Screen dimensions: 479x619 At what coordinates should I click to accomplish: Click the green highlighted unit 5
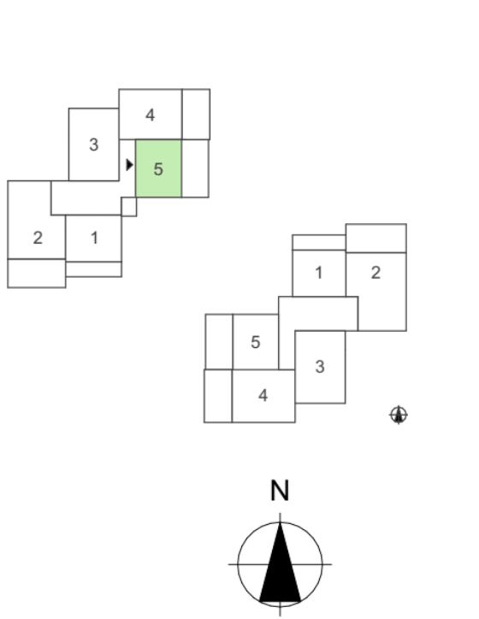pos(158,168)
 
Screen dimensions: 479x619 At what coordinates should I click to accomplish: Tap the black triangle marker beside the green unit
pos(129,165)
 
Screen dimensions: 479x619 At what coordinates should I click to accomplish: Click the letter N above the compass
pos(280,491)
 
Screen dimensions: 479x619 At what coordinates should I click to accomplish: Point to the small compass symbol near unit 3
pos(399,415)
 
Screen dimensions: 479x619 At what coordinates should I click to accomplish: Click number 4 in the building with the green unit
pos(150,115)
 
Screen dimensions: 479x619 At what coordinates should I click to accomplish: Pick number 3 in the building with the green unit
pos(93,144)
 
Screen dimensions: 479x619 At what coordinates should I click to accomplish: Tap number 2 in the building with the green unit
pos(38,238)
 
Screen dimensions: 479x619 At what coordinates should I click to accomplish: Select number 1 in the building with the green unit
pos(94,238)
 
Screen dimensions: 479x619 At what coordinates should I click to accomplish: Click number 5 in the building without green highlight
pos(256,342)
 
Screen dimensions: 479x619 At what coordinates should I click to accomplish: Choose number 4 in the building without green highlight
pos(263,395)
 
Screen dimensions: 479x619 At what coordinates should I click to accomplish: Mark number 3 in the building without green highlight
pos(320,367)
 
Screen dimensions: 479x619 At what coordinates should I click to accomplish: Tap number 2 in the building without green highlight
pos(376,273)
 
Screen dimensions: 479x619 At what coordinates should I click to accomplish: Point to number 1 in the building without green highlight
pos(319,273)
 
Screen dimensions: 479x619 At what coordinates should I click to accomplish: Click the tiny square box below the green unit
pos(129,206)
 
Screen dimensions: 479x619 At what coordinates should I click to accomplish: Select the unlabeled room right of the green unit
pos(196,168)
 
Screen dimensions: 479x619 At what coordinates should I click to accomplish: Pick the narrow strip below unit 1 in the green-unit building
pos(93,269)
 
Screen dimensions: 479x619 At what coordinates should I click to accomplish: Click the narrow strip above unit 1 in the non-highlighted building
pos(319,243)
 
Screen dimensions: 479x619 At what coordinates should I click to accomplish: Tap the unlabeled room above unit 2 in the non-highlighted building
pos(376,238)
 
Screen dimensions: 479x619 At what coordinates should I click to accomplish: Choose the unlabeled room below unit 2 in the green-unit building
pos(36,274)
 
